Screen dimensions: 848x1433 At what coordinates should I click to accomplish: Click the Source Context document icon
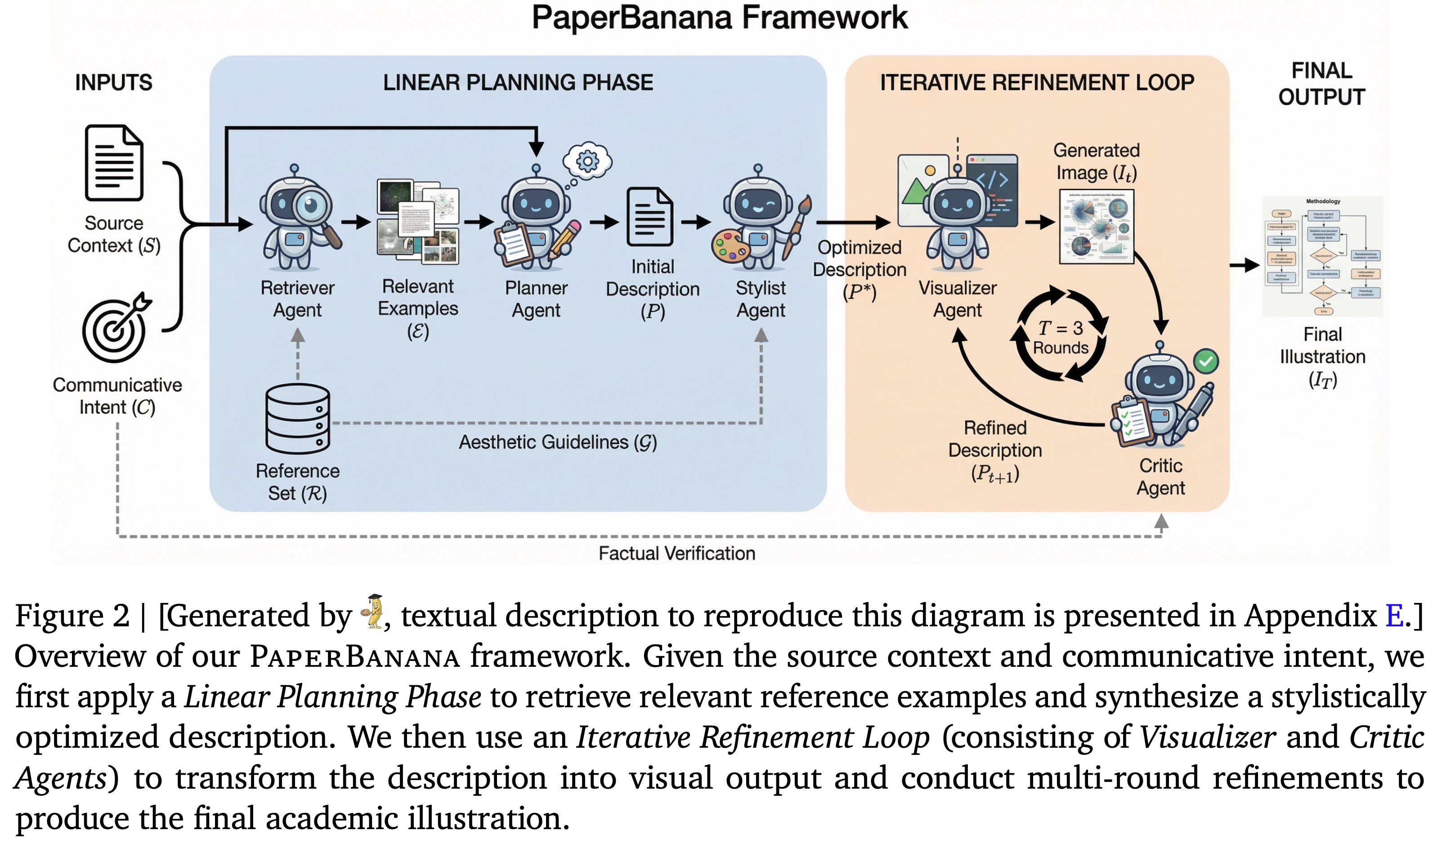114,163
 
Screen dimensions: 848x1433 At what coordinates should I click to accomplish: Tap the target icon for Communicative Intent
114,329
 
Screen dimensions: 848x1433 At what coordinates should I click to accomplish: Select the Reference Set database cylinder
297,419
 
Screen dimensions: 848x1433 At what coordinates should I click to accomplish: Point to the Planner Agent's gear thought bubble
587,161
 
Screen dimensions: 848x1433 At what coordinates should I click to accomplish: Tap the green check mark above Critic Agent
1205,361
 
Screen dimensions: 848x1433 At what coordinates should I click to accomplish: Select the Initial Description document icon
650,217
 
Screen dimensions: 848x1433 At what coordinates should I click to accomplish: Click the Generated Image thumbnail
1096,227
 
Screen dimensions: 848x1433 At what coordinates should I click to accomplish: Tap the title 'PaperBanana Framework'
719,17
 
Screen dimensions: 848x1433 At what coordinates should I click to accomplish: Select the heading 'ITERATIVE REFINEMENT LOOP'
1036,83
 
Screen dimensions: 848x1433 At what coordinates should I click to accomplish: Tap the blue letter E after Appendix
1394,616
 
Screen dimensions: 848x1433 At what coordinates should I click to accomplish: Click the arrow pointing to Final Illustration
1245,265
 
